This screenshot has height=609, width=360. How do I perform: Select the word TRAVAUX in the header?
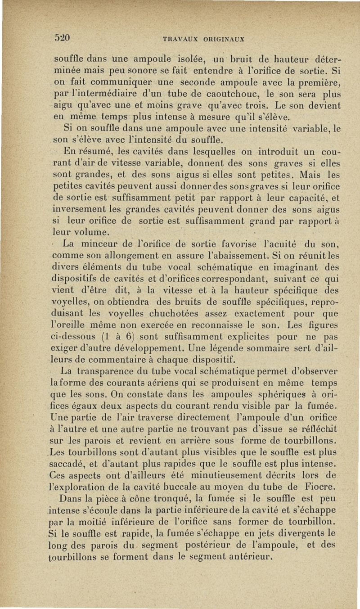(179, 39)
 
